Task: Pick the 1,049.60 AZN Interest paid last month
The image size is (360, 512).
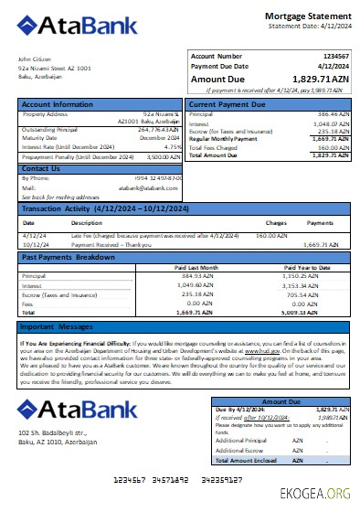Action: [x=201, y=284]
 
